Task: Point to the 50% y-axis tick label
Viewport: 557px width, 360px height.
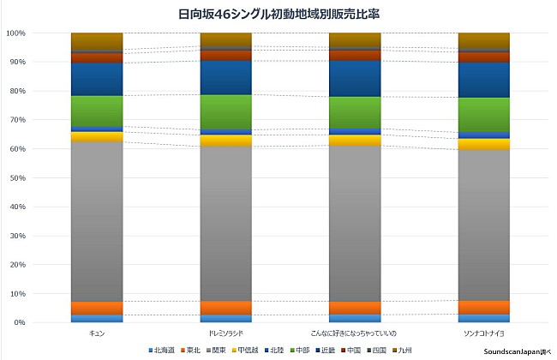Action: (x=17, y=178)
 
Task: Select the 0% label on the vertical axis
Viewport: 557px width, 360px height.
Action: (x=19, y=323)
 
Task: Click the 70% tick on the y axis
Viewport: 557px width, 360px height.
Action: (x=17, y=120)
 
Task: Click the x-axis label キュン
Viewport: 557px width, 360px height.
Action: (x=97, y=332)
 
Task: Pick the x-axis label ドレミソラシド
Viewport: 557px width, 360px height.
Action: (x=225, y=332)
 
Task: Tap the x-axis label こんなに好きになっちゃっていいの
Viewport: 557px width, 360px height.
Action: (x=355, y=332)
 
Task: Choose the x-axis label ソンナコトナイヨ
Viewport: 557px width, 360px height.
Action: (x=484, y=332)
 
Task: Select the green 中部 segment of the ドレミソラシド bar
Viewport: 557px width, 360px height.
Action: (x=225, y=111)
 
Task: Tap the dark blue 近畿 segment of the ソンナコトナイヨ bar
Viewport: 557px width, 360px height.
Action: (x=484, y=80)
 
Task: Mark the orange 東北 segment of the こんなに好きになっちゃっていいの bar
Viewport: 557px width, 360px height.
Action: (x=355, y=308)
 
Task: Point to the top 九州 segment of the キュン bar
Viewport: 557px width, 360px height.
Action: (x=97, y=41)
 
